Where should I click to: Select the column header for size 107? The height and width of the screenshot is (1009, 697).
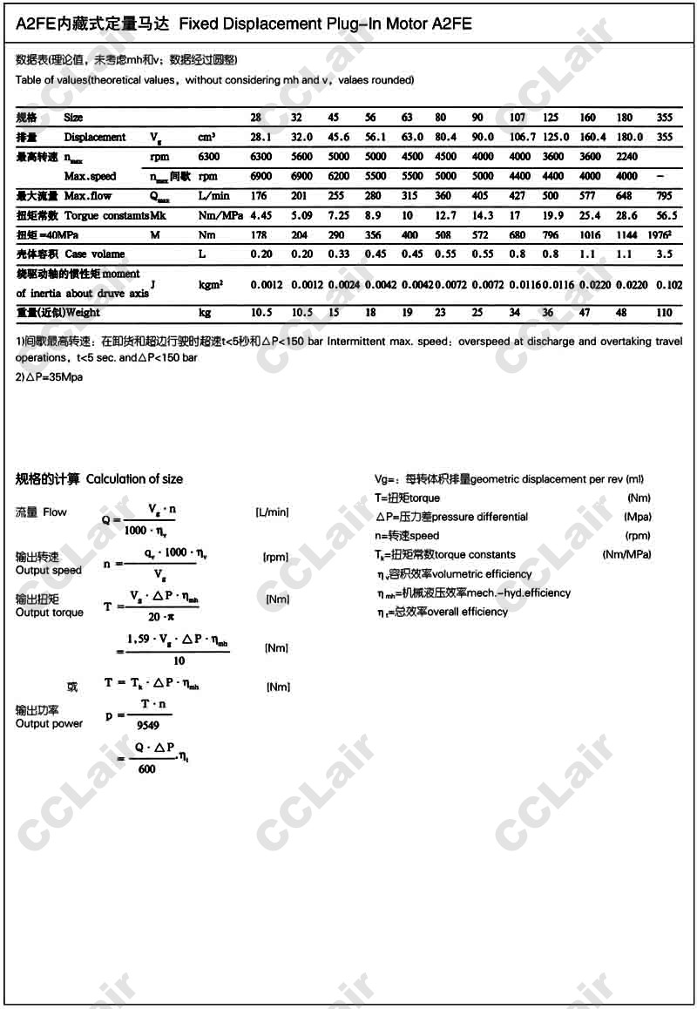pyautogui.click(x=518, y=117)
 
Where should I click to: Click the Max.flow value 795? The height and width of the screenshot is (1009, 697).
pyautogui.click(x=664, y=196)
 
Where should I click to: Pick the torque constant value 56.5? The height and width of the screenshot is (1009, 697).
pyautogui.click(x=664, y=215)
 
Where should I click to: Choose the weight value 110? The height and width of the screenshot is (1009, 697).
pyautogui.click(x=664, y=313)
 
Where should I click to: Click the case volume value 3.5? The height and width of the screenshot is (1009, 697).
pyautogui.click(x=664, y=254)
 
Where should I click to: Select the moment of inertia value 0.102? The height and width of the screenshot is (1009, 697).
pyautogui.click(x=668, y=284)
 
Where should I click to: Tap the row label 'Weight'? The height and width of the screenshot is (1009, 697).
pyautogui.click(x=83, y=313)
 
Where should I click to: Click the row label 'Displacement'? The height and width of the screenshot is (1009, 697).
pyautogui.click(x=95, y=137)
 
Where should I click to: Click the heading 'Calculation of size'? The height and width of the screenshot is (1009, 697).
pyautogui.click(x=135, y=479)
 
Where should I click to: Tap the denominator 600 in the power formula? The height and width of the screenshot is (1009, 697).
pyautogui.click(x=147, y=769)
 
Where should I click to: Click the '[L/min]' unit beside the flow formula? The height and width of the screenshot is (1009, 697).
pyautogui.click(x=272, y=511)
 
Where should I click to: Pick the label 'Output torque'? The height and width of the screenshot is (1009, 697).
pyautogui.click(x=50, y=613)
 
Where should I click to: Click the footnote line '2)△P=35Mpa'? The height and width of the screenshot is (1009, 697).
pyautogui.click(x=50, y=377)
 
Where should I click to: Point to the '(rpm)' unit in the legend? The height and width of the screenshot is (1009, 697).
pyautogui.click(x=638, y=536)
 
